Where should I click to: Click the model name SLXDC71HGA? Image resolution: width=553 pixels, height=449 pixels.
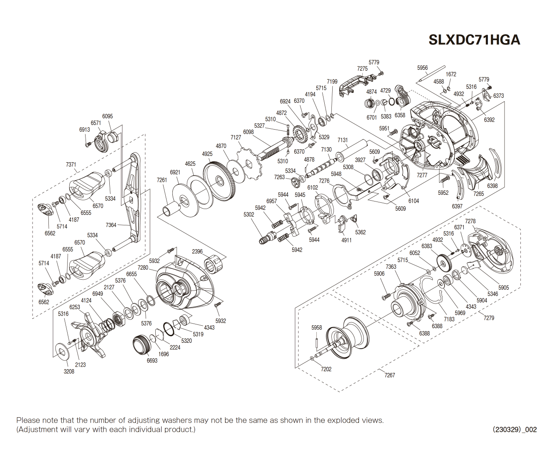pyautogui.click(x=474, y=40)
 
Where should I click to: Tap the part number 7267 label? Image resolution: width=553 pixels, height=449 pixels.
pyautogui.click(x=389, y=375)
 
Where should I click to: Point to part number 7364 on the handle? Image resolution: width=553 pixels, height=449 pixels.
pyautogui.click(x=111, y=225)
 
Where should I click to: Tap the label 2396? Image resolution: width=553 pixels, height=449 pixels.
pyautogui.click(x=197, y=251)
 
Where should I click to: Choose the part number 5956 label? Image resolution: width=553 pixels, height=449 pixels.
pyautogui.click(x=422, y=68)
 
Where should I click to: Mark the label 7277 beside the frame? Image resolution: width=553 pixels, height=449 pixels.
pyautogui.click(x=422, y=175)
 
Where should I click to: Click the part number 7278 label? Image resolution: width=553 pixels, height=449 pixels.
pyautogui.click(x=470, y=221)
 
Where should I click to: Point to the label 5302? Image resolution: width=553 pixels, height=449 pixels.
pyautogui.click(x=249, y=214)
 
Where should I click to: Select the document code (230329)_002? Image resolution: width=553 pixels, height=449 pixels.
pyautogui.click(x=515, y=429)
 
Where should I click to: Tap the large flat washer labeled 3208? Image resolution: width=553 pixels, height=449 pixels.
pyautogui.click(x=63, y=352)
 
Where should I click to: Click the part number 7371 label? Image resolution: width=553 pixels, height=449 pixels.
pyautogui.click(x=71, y=165)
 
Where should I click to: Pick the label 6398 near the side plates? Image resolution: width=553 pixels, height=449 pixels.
pyautogui.click(x=492, y=186)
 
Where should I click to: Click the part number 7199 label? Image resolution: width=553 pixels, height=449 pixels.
pyautogui.click(x=332, y=82)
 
